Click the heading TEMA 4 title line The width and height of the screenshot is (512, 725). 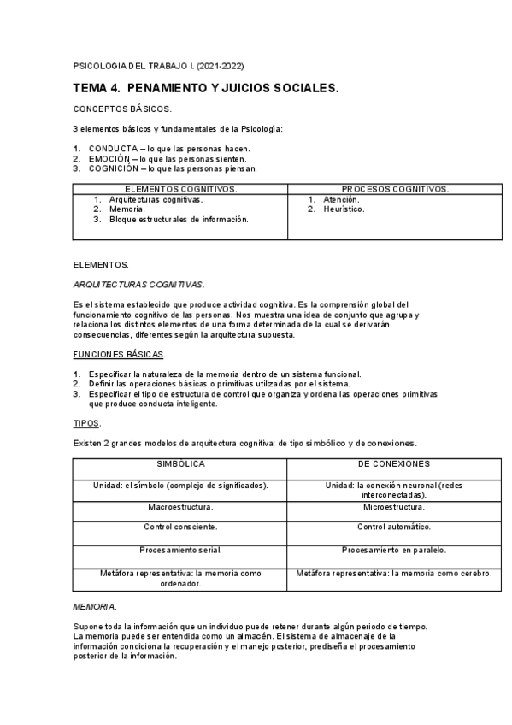(x=206, y=88)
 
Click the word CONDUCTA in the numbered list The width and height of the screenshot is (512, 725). (x=112, y=148)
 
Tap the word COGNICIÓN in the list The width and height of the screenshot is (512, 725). (x=114, y=168)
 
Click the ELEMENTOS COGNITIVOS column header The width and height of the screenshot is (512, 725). (x=180, y=188)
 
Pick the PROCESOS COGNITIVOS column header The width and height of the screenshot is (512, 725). (x=394, y=188)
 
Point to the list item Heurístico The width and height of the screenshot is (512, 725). (x=344, y=209)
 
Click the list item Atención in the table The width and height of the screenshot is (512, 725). (x=341, y=199)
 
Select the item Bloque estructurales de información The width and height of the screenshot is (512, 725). (x=179, y=219)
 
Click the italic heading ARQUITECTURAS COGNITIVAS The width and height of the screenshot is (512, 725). (x=138, y=284)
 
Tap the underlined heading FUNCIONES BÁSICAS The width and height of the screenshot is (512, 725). (x=119, y=354)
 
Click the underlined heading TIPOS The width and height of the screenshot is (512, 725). (x=86, y=423)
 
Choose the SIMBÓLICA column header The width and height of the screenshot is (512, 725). (x=180, y=463)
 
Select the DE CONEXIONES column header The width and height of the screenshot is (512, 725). (x=394, y=463)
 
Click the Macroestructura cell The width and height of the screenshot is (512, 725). (x=180, y=506)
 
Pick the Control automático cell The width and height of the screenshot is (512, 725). (x=394, y=527)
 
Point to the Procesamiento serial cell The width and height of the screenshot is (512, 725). (x=180, y=550)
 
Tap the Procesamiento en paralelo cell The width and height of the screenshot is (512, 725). (x=394, y=550)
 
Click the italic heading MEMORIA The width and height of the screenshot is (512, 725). (x=95, y=606)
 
